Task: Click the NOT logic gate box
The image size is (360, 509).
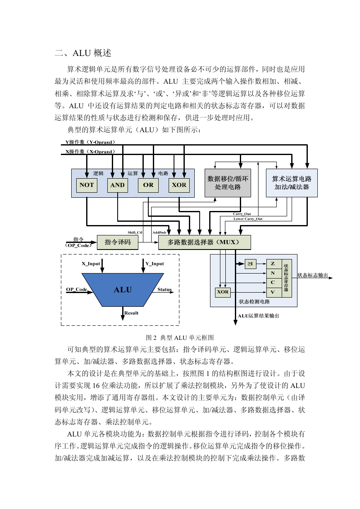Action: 87,185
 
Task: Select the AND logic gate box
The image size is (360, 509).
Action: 117,185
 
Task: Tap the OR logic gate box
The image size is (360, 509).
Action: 148,185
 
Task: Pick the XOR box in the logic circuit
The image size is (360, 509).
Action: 179,185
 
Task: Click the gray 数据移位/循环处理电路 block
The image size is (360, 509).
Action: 228,183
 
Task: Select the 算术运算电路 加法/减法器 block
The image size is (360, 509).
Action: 292,183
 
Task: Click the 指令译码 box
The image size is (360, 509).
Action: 117,242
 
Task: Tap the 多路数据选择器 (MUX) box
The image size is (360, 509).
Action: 204,242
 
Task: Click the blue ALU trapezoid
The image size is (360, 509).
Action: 123,290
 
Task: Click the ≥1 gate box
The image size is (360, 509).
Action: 250,264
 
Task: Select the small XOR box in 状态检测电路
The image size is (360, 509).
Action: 222,292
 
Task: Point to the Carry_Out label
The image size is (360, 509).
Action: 242,214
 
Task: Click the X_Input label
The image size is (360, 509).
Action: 91,264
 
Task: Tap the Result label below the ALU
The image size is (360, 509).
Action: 131,313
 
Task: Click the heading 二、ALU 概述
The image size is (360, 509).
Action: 83,53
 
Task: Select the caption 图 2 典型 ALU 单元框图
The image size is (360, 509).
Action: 180,338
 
